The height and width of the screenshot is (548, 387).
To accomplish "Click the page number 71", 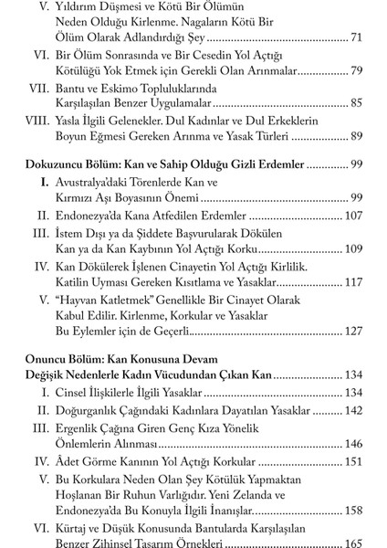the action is click(357, 40).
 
